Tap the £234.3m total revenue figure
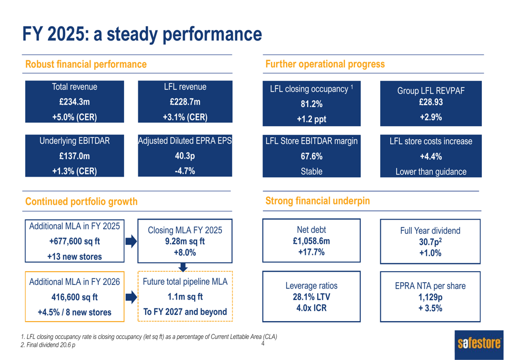click(74, 102)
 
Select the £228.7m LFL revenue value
click(185, 102)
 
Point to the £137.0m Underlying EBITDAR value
click(74, 156)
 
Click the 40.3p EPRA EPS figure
click(185, 156)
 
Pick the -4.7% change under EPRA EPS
click(185, 170)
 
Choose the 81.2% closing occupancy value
click(311, 104)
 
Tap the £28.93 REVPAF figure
click(431, 102)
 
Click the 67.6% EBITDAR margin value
click(311, 156)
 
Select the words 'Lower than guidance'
click(431, 172)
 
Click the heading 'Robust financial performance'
click(86, 64)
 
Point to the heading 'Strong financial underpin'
click(318, 201)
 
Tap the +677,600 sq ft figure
click(74, 242)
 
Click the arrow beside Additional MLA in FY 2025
click(131, 242)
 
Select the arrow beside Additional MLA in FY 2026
click(131, 297)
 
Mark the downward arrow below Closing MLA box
click(183, 268)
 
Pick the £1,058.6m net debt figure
click(311, 241)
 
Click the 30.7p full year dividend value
click(430, 242)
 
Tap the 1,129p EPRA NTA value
click(430, 297)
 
